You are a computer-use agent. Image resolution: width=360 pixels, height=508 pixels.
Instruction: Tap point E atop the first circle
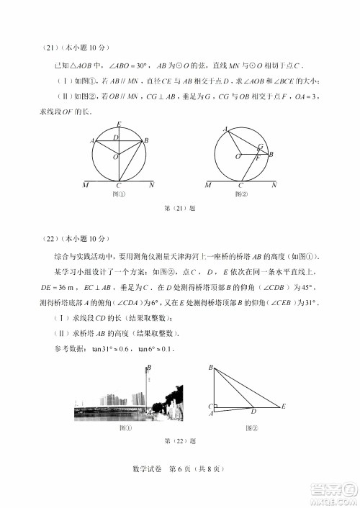[x=119, y=124]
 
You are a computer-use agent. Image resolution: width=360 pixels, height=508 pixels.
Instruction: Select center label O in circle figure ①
[x=114, y=156]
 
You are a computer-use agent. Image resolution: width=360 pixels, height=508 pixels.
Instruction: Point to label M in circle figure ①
[x=86, y=186]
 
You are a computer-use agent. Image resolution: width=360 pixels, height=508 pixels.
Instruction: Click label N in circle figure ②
[x=274, y=186]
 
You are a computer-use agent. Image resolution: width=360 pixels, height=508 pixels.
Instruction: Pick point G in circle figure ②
[x=260, y=147]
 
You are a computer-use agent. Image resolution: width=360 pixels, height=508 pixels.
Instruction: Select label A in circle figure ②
[x=225, y=129]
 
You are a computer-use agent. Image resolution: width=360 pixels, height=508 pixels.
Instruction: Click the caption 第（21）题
[x=180, y=209]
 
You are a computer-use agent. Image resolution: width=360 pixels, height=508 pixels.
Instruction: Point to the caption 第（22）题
[x=180, y=440]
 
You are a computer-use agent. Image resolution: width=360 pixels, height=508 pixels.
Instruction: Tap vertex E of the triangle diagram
[x=284, y=407]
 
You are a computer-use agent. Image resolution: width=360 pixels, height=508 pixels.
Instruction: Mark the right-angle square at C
[x=215, y=405]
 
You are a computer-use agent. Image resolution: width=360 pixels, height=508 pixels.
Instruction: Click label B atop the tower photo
[x=149, y=368]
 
